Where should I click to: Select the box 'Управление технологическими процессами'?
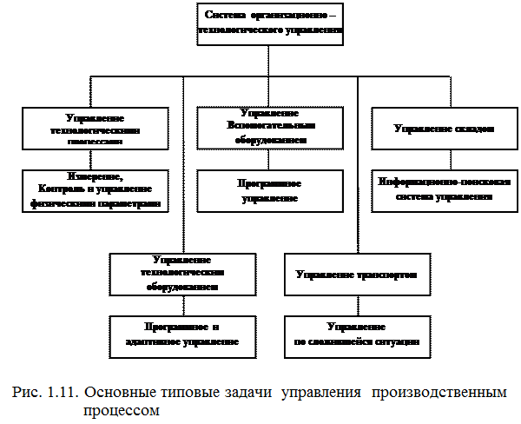93,129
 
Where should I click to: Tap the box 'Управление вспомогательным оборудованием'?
268,127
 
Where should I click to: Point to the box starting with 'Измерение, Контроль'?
95,190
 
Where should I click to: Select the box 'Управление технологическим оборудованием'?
183,274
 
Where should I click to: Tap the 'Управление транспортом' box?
357,275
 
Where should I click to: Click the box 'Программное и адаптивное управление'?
183,335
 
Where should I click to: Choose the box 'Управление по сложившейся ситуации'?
357,335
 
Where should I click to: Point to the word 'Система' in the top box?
225,16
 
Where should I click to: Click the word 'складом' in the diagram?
472,129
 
